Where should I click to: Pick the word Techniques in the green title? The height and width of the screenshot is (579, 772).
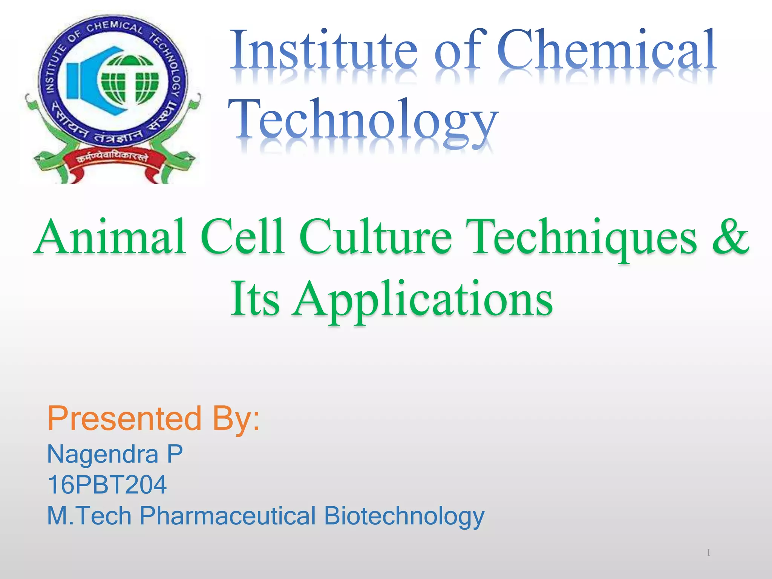coord(581,237)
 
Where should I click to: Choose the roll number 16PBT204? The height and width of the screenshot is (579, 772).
coord(107,485)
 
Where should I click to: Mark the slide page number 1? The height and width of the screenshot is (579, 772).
coord(709,553)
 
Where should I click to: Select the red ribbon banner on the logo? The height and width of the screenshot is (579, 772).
coord(113,160)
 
